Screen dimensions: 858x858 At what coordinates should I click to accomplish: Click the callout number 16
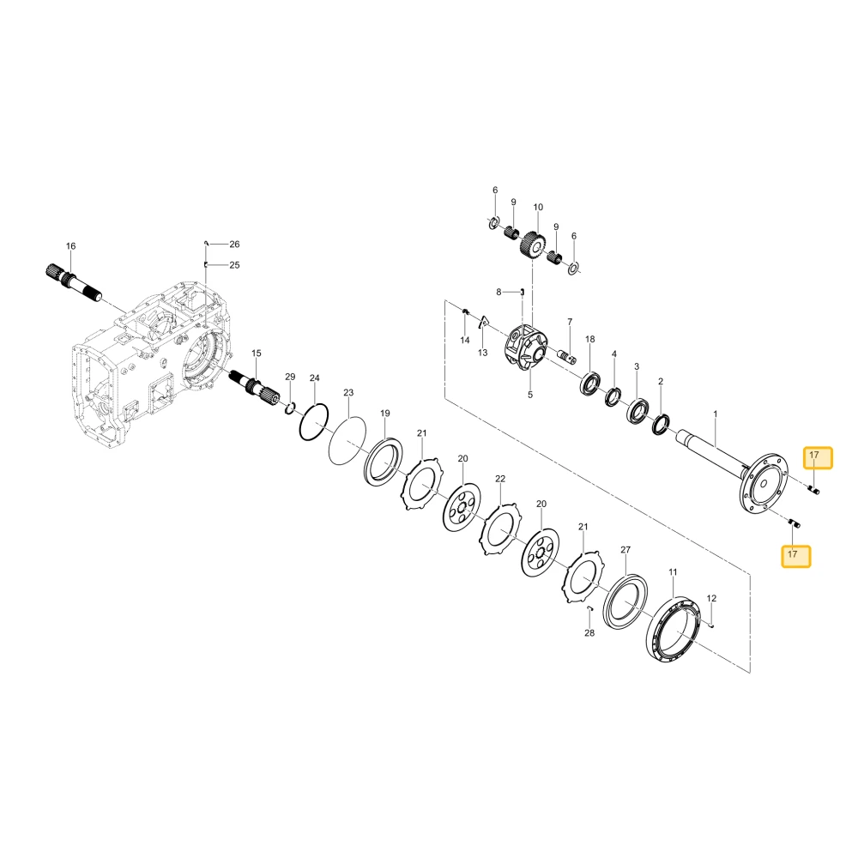(70, 246)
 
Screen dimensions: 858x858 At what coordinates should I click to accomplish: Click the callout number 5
(529, 395)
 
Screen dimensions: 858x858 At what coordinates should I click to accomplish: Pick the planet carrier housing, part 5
(526, 347)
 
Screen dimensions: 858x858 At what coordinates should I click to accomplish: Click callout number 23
(348, 392)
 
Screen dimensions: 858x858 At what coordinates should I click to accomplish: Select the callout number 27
(625, 549)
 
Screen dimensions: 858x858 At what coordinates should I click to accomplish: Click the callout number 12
(711, 598)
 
